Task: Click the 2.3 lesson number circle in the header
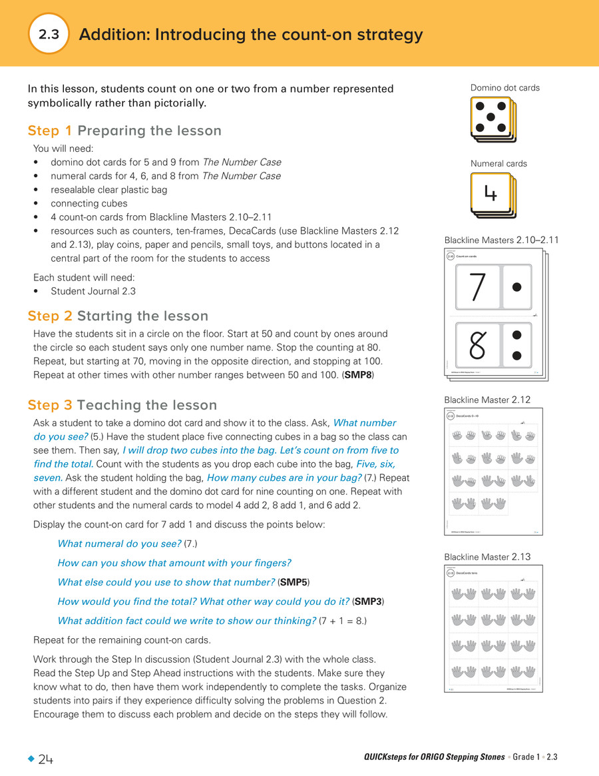(49, 34)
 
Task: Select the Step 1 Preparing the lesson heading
(124, 131)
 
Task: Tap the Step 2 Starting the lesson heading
(118, 316)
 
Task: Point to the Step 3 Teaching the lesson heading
(122, 405)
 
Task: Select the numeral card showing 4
(491, 193)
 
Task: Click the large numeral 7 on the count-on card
(477, 287)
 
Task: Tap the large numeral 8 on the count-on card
(477, 344)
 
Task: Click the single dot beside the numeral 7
(517, 287)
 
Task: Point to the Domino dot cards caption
(504, 88)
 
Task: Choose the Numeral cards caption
(499, 164)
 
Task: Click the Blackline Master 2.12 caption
(488, 400)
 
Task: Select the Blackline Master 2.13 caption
(488, 557)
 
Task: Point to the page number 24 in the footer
(46, 759)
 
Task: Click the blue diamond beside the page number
(31, 759)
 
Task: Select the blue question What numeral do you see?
(119, 544)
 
